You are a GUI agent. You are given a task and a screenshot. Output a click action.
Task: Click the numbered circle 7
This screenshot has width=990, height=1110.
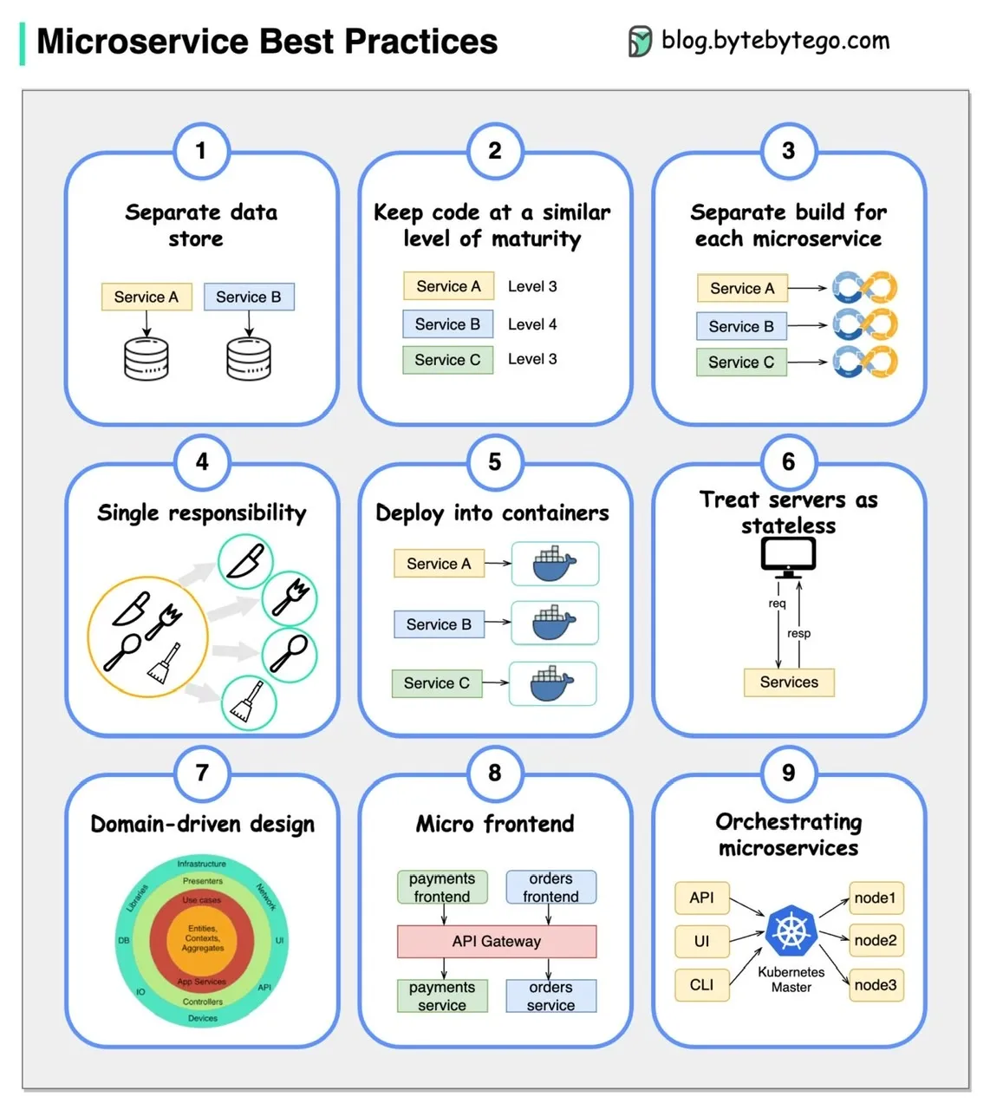tap(202, 772)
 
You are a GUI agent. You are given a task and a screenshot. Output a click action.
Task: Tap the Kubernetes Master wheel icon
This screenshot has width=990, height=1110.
tap(791, 932)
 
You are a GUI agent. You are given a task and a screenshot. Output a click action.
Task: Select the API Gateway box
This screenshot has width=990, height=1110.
tap(497, 941)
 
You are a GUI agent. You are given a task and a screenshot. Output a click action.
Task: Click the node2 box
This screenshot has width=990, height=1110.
tap(876, 940)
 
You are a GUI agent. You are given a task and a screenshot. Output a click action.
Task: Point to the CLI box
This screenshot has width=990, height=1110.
tap(701, 984)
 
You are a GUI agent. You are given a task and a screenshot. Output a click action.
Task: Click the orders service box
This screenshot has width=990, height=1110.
tap(550, 996)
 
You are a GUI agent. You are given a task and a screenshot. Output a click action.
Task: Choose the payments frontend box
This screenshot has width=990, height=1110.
tap(442, 887)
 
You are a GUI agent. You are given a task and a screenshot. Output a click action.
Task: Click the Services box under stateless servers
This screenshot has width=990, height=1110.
tap(789, 682)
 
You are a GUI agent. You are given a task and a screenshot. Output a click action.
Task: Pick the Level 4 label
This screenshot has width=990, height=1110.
tap(532, 324)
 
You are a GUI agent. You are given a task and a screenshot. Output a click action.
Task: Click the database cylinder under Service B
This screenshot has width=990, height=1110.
tap(249, 359)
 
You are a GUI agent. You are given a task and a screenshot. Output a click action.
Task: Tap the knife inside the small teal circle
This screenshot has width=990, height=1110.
tap(245, 561)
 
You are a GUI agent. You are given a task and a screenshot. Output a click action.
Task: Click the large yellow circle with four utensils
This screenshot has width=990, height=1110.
tap(148, 637)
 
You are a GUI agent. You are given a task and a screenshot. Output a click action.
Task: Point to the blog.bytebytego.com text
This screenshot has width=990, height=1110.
tap(775, 40)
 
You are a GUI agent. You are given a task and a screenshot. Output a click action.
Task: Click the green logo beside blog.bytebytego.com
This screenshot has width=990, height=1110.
tap(640, 41)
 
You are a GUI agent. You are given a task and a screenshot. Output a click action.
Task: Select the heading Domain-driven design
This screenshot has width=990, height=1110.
tap(202, 824)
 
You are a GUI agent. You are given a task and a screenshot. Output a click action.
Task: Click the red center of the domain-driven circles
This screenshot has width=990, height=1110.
tap(202, 938)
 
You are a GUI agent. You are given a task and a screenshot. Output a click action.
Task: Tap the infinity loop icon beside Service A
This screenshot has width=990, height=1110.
tap(864, 288)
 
